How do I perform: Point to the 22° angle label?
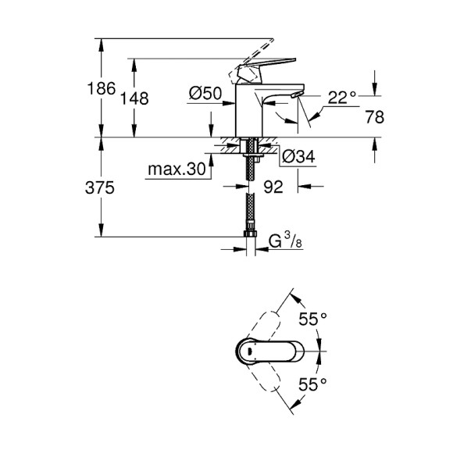coord(341,98)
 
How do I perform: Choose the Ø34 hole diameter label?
coord(297,157)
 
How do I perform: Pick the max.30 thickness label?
coord(177,169)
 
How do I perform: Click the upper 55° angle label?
coord(314,319)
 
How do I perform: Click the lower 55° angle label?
coord(314,384)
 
